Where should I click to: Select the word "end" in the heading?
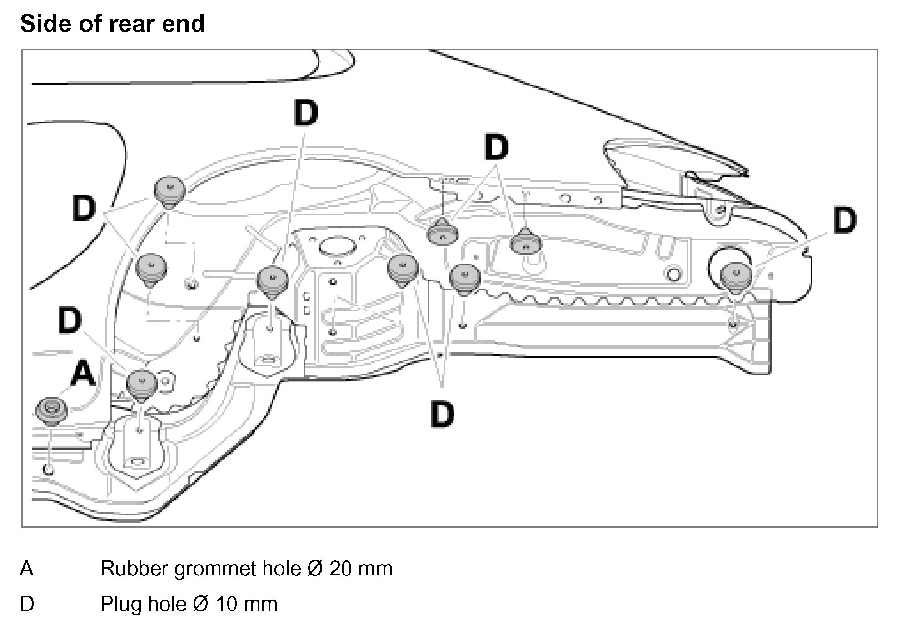point(185,24)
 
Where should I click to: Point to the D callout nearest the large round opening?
point(844,221)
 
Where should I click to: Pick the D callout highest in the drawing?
point(306,114)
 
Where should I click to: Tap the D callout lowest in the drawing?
point(442,414)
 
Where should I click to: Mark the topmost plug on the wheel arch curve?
point(170,191)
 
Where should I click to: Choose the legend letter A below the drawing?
point(27,569)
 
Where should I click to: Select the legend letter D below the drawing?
point(27,604)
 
